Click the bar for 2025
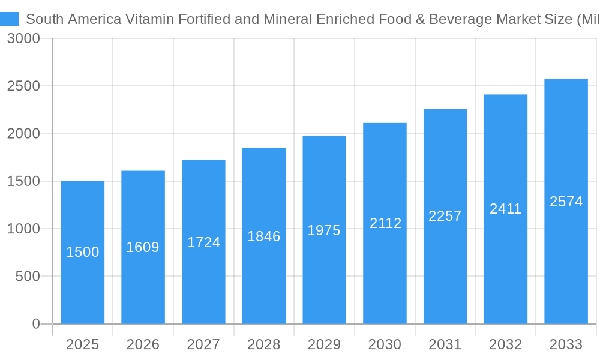tap(83, 252)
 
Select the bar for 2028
tap(264, 236)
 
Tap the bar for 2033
tap(566, 201)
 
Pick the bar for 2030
tap(385, 223)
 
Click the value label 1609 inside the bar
tap(143, 247)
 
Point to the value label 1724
tap(203, 242)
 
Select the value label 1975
tap(324, 230)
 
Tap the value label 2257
tap(445, 216)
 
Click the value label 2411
tap(506, 209)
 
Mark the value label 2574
tap(566, 202)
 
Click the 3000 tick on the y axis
tap(23, 39)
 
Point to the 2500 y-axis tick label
tap(23, 86)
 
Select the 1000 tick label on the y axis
tap(23, 229)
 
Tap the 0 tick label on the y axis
tap(35, 324)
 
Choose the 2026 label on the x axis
tap(143, 344)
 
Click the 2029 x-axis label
tap(324, 344)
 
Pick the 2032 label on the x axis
tap(506, 344)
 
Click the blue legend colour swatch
tap(10, 19)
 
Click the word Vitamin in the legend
tap(148, 19)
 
